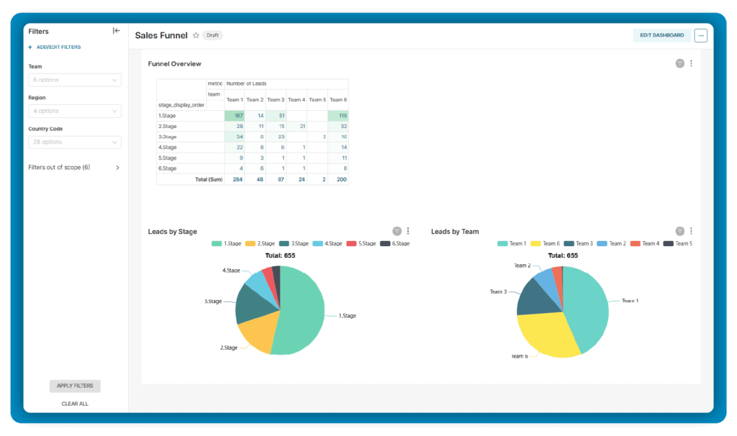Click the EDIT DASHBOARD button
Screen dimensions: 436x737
pyautogui.click(x=662, y=35)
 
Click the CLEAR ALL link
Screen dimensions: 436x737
pyautogui.click(x=75, y=404)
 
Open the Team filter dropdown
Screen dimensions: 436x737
pyautogui.click(x=75, y=80)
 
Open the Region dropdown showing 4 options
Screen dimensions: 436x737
pyautogui.click(x=75, y=111)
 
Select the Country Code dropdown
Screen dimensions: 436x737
pyautogui.click(x=75, y=142)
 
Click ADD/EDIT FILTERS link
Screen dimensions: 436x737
pyautogui.click(x=58, y=47)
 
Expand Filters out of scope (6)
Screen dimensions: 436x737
pyautogui.click(x=74, y=167)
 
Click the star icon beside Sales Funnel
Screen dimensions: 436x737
pyautogui.click(x=196, y=35)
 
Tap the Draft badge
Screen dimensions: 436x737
pyautogui.click(x=212, y=35)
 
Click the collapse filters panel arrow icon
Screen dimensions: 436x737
pyautogui.click(x=116, y=31)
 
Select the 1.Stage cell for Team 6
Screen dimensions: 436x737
pyautogui.click(x=338, y=115)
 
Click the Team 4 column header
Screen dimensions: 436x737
pyautogui.click(x=297, y=99)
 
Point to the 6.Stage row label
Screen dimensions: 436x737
pyautogui.click(x=167, y=168)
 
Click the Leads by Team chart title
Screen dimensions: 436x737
pyautogui.click(x=455, y=232)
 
